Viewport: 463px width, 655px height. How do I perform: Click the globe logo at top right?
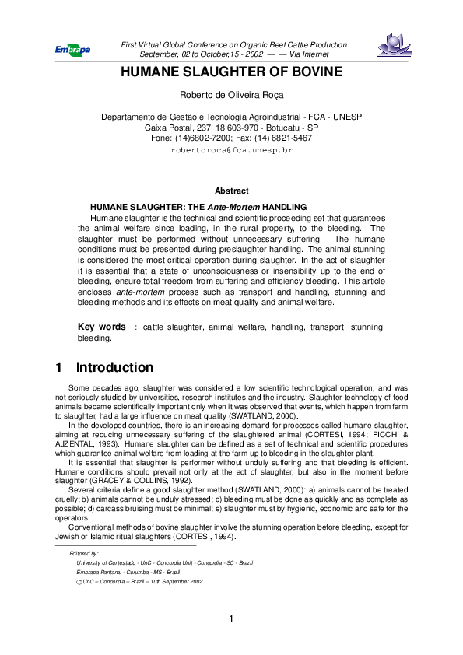point(396,46)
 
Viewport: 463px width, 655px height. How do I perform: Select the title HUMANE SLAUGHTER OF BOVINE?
point(231,72)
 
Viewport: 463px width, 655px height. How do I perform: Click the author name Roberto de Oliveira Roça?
point(231,96)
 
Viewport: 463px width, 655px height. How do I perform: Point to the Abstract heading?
point(231,191)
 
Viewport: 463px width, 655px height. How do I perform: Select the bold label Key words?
point(102,327)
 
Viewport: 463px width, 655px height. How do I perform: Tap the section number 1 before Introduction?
point(60,367)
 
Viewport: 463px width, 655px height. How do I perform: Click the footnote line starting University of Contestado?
point(164,562)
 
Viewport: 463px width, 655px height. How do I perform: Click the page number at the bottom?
point(231,619)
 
